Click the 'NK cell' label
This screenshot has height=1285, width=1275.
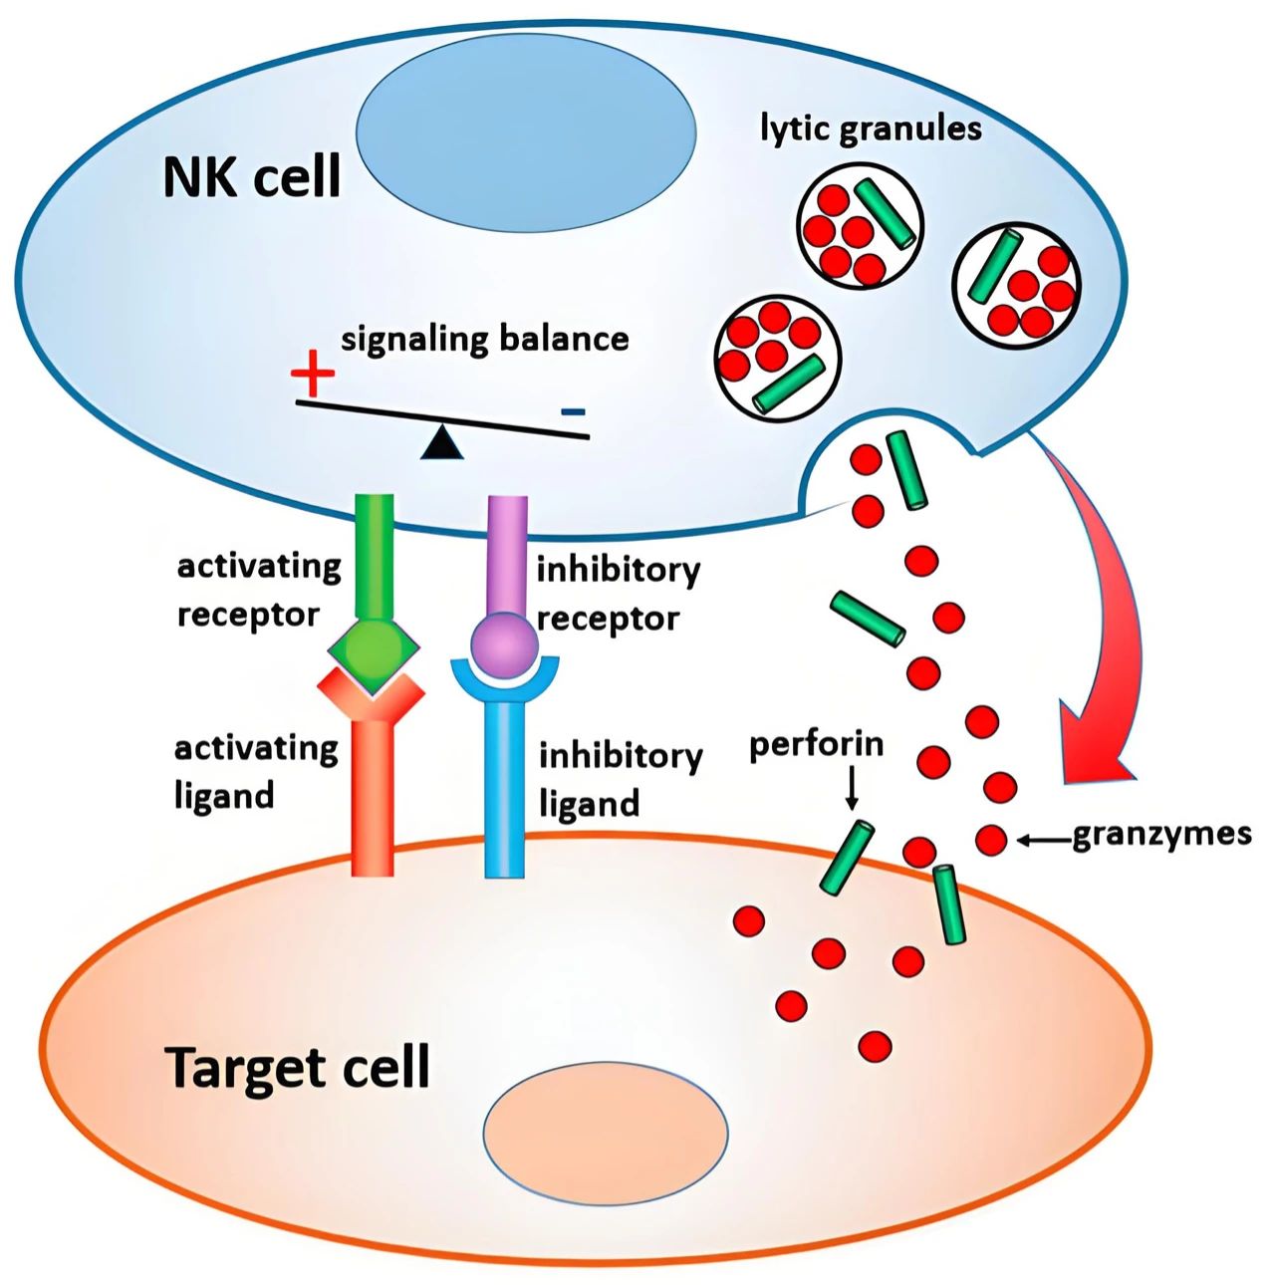click(x=251, y=176)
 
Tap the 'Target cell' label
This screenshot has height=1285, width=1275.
click(x=298, y=1068)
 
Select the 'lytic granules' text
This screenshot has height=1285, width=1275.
click(x=871, y=128)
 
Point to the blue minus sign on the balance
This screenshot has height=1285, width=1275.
click(x=573, y=411)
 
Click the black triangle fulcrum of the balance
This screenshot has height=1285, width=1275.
click(x=441, y=443)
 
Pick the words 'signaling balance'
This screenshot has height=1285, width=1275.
click(x=485, y=340)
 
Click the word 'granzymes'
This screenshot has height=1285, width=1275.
click(x=1161, y=835)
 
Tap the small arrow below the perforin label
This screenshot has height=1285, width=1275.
click(x=852, y=788)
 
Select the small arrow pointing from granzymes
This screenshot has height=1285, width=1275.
click(x=1044, y=841)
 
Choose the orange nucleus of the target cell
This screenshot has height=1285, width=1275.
click(x=606, y=1135)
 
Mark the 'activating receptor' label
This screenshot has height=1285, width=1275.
click(x=259, y=590)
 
